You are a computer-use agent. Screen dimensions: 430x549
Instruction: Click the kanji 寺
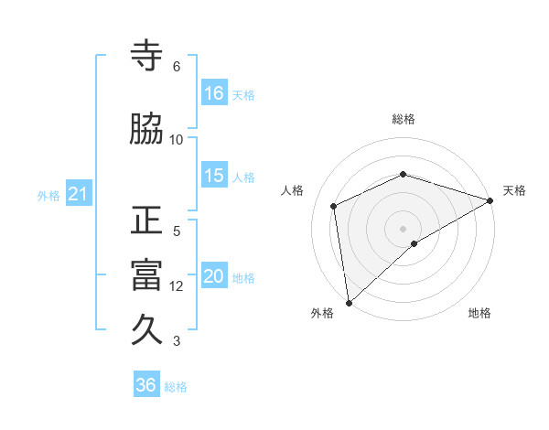(146, 58)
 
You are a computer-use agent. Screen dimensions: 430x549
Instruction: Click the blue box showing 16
(214, 93)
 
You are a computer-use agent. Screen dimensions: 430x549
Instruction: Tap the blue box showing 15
(214, 176)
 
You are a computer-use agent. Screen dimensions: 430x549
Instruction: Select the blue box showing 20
(214, 276)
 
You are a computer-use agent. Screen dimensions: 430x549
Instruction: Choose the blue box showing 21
(78, 194)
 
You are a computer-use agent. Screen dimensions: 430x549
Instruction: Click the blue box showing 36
(146, 385)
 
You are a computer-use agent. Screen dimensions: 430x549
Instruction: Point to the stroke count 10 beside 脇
(177, 139)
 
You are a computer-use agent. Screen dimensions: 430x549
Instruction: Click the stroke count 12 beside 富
(177, 285)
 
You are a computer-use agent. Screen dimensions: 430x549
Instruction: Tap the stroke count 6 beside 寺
(177, 67)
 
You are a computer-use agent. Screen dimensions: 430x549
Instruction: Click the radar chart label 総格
(404, 119)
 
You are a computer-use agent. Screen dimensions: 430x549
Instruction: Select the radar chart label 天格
(514, 190)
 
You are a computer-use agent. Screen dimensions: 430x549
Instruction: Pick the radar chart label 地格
(479, 313)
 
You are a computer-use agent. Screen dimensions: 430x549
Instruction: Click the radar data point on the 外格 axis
(348, 302)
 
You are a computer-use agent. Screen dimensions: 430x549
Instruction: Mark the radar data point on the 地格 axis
(414, 243)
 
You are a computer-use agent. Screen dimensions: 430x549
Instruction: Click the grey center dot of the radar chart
(404, 228)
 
